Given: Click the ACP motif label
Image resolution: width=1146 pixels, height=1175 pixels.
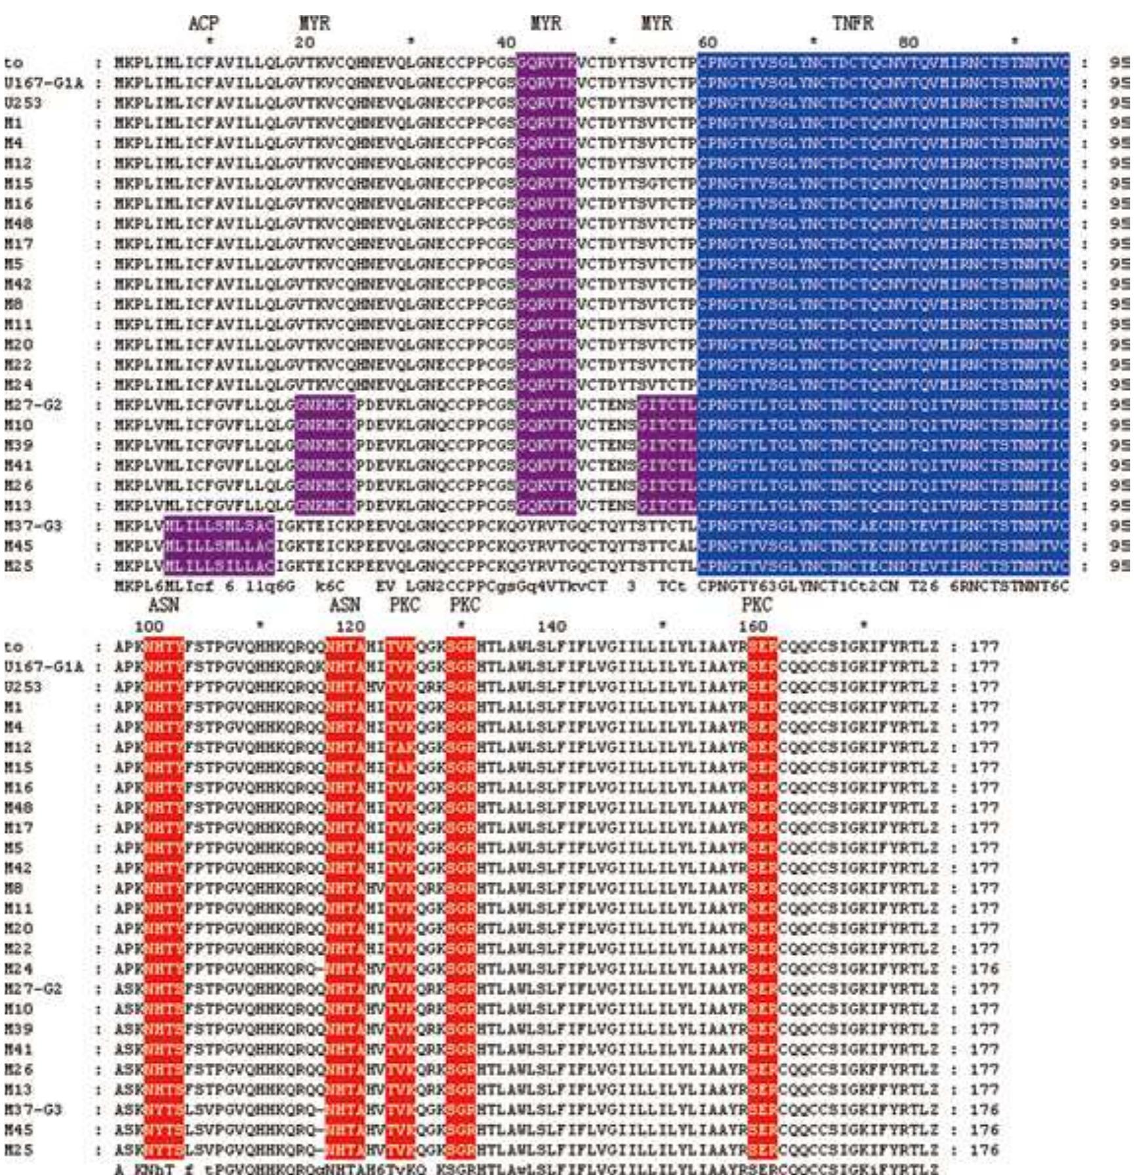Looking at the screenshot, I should coord(203,24).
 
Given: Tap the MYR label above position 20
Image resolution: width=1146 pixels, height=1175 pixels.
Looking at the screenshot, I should coord(314,24).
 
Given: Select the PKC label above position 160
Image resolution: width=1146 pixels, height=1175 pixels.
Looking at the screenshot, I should coord(757,605).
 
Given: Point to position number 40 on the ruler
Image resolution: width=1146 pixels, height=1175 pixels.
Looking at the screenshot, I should coord(505,43).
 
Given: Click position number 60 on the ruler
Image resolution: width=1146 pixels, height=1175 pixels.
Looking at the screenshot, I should coord(707,43).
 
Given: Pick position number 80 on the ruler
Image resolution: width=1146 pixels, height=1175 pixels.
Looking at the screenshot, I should coord(909,43).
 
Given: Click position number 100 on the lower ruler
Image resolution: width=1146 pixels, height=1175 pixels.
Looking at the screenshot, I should coord(148,627).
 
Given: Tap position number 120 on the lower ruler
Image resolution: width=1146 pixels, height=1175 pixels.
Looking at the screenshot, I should coord(349,627).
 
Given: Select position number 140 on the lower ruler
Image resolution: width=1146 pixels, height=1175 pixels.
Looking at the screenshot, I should coord(551,627).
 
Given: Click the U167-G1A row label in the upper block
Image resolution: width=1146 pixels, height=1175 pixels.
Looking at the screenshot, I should coord(43,83).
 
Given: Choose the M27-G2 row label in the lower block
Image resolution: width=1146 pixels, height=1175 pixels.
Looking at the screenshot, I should coord(33,989).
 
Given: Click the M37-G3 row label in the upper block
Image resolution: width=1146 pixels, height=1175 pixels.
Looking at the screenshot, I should coord(33,526).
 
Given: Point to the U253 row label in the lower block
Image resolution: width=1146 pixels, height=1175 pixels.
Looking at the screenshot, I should coord(22,687).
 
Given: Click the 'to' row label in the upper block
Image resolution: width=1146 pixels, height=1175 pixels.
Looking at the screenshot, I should coord(13,63).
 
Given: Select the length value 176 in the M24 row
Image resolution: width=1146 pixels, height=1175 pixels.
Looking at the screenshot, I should coord(984,969).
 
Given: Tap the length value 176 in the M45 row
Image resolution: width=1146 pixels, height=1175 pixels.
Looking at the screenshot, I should coord(984,1130).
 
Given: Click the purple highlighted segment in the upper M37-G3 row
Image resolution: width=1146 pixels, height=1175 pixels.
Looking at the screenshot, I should coord(219,526).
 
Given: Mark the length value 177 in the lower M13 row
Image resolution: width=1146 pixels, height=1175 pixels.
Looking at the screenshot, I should coord(984,1090).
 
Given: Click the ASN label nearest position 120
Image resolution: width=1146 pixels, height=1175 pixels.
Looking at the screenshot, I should coord(344,605).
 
